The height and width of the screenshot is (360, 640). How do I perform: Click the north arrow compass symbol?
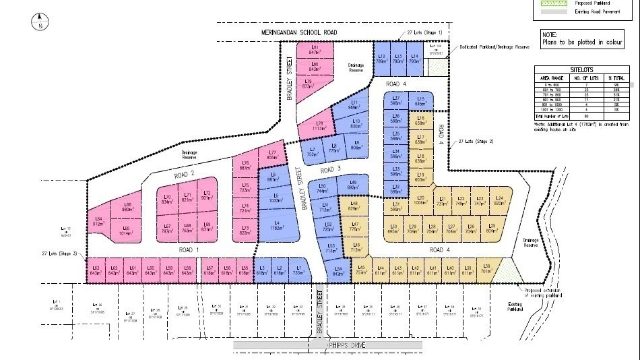[x=40, y=22]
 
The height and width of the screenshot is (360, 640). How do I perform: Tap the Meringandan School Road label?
[x=298, y=32]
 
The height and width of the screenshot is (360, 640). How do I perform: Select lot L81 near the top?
[x=315, y=49]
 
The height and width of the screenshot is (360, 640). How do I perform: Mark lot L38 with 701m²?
[x=486, y=271]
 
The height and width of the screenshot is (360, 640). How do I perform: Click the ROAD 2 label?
[x=184, y=174]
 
